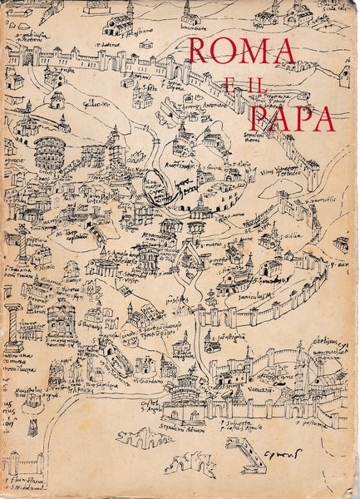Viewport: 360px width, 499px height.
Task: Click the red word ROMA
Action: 241,52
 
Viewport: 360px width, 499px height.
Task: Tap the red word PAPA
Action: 293,118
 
